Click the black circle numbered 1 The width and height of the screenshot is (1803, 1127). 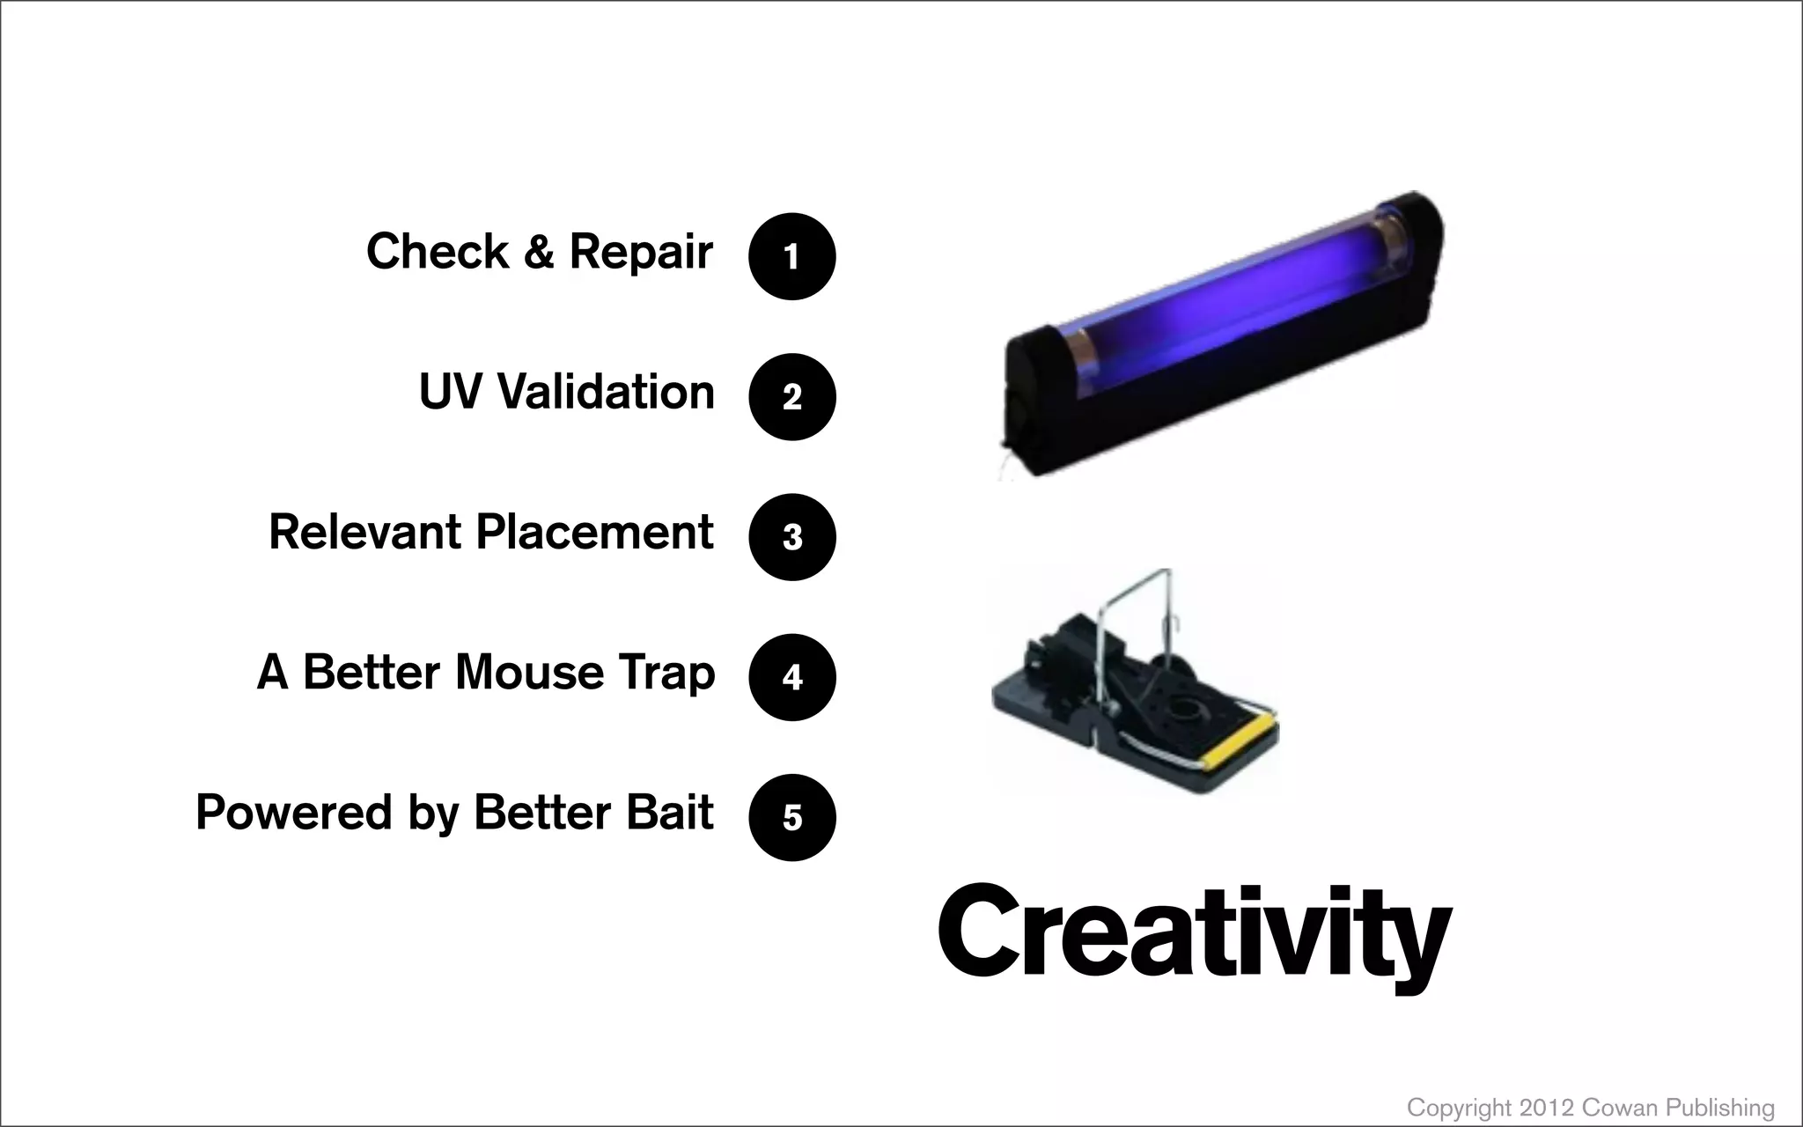791,256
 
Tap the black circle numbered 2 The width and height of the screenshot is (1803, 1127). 791,397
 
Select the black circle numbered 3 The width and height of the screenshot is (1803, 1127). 791,537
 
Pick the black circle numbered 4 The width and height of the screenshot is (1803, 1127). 791,677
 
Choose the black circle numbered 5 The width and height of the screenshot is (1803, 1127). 791,817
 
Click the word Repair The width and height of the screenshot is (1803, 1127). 640,253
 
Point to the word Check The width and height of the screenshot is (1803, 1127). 437,252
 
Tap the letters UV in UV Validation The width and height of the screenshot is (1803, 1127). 450,392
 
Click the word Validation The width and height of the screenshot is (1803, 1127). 606,392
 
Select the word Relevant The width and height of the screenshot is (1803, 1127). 365,532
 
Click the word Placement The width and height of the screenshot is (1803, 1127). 594,532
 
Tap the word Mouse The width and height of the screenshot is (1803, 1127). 529,673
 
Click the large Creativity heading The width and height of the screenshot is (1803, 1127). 1194,939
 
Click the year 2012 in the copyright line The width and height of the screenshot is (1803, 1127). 1545,1108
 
